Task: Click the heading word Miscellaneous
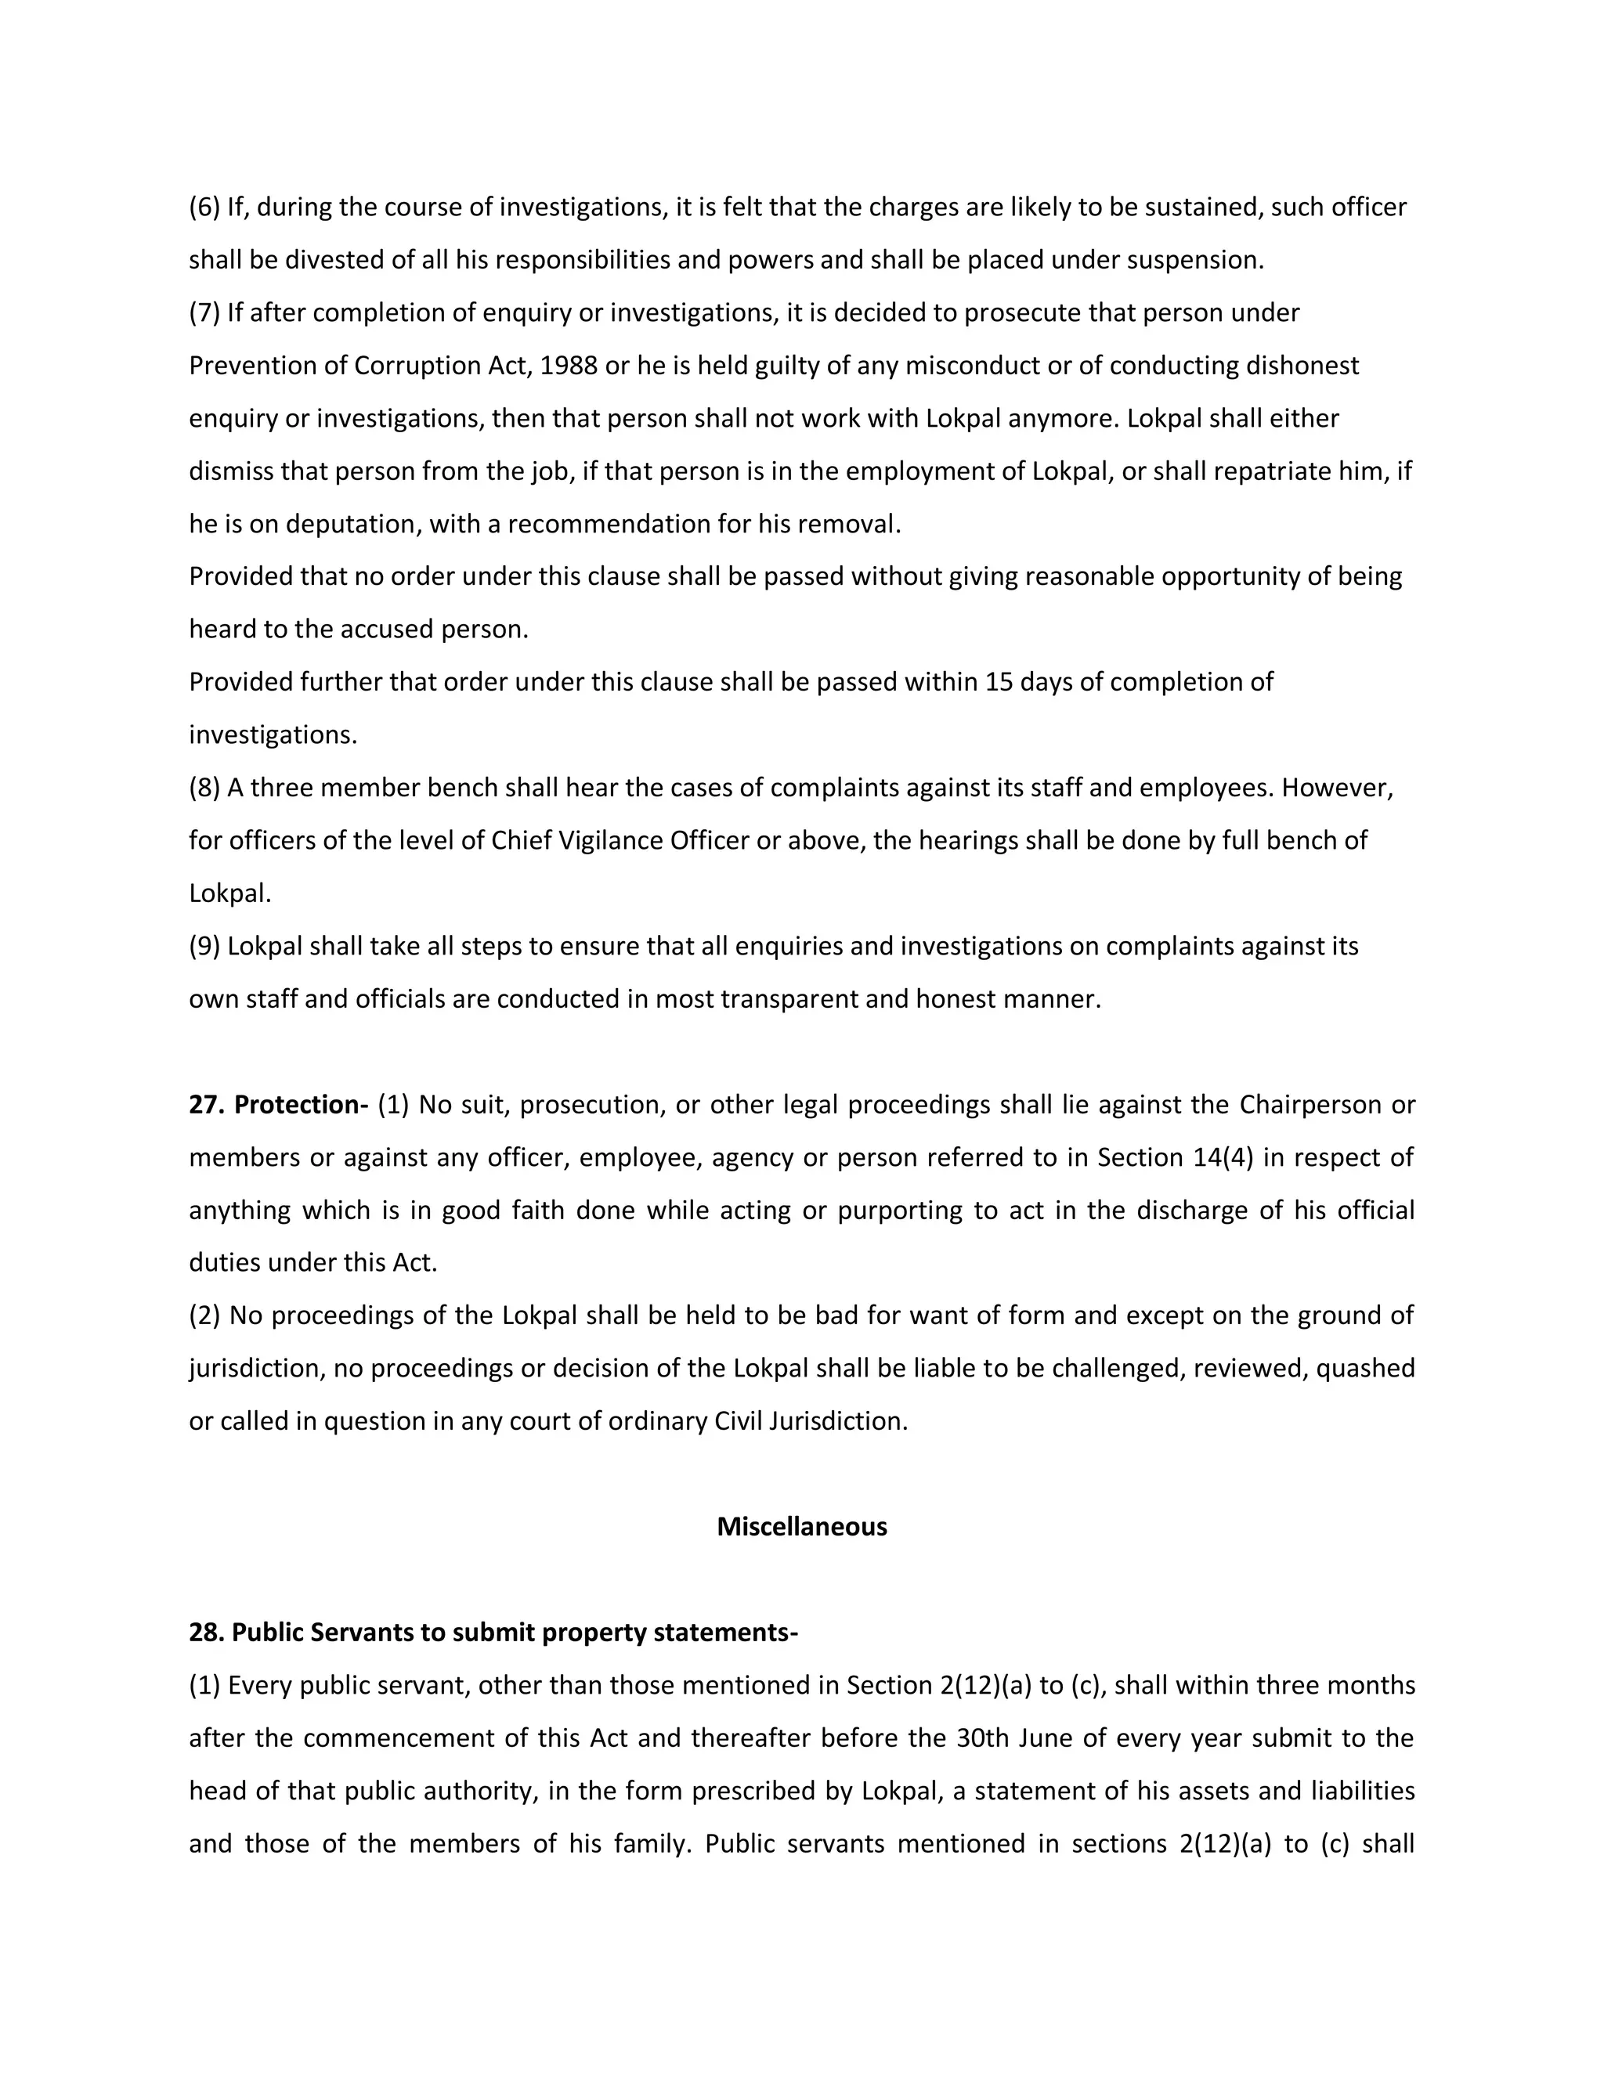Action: pos(801,1527)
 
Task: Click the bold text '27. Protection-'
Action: pos(278,1105)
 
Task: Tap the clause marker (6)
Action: pos(204,207)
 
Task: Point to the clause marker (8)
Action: pos(204,788)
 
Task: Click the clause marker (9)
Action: pos(204,947)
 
